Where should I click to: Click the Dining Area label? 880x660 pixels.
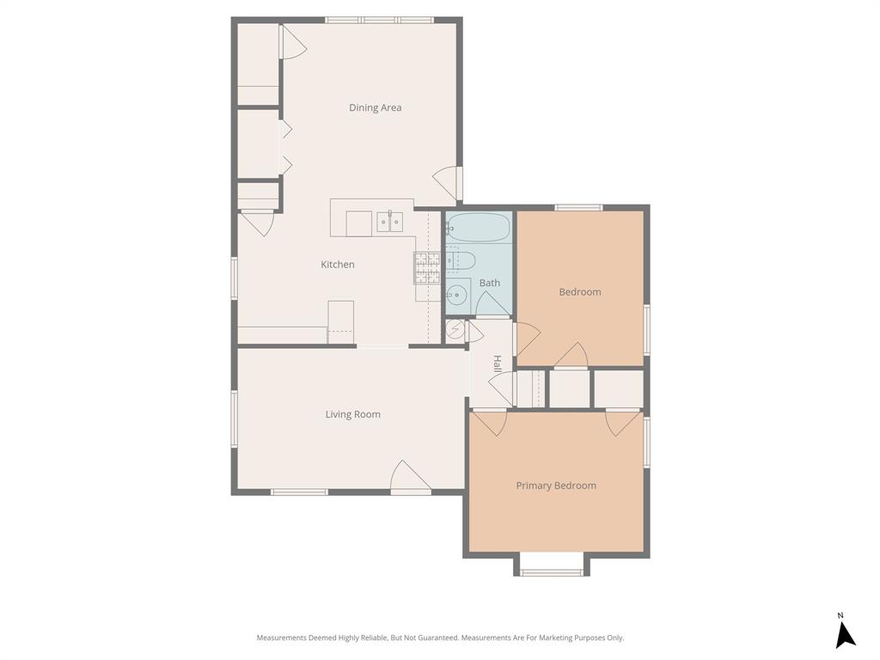375,107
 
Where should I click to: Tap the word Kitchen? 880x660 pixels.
338,265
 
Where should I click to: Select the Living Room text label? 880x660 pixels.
352,414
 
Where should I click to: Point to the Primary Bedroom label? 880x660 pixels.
555,486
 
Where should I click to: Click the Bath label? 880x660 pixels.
489,283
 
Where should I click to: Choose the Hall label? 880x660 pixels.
497,364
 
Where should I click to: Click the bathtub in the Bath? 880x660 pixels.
479,228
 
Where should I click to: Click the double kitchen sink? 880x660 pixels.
390,223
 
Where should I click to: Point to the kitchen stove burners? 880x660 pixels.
427,268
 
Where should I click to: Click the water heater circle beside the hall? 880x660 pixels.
455,331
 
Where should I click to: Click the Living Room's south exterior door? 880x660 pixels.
411,479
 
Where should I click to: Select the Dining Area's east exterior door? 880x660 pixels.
448,181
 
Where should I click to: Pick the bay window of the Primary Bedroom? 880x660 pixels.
552,571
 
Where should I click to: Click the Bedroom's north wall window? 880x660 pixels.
578,207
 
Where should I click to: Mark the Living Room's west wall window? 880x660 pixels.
234,419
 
